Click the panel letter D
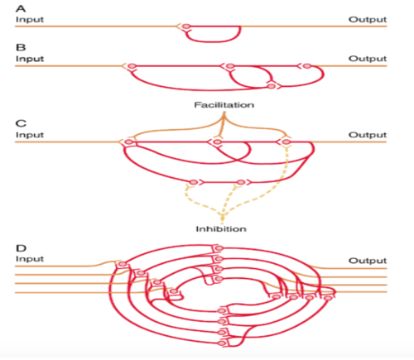tap(21, 247)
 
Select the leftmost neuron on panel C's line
tap(128, 142)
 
